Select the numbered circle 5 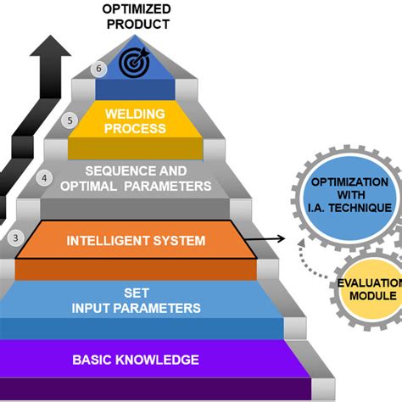(70, 121)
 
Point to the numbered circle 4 (45, 179)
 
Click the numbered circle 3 (15, 237)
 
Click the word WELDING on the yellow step (136, 114)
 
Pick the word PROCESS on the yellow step (136, 128)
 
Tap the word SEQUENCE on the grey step (114, 171)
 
